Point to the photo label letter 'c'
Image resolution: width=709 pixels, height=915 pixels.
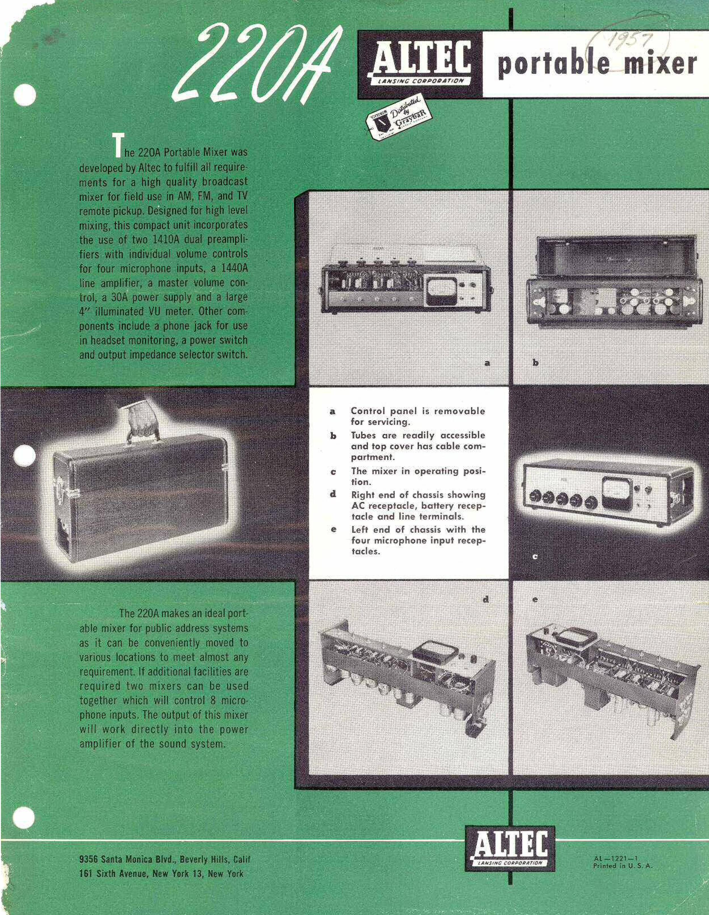[535, 557]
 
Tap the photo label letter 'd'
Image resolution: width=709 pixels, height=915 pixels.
[486, 599]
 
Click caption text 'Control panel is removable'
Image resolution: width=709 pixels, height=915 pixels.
[418, 411]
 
